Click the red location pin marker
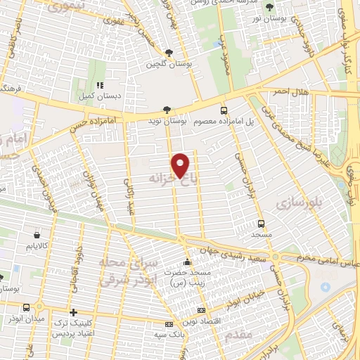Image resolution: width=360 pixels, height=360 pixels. point(181,165)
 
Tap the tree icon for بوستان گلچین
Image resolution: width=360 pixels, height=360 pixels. point(169,53)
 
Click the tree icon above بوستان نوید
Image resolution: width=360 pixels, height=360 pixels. point(166,109)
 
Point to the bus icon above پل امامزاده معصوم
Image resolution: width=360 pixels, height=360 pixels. point(224,110)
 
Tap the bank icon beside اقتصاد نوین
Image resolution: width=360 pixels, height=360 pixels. point(202,310)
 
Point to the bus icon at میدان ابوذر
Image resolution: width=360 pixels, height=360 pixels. point(27,307)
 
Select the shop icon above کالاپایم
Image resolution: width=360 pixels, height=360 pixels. point(36,235)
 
